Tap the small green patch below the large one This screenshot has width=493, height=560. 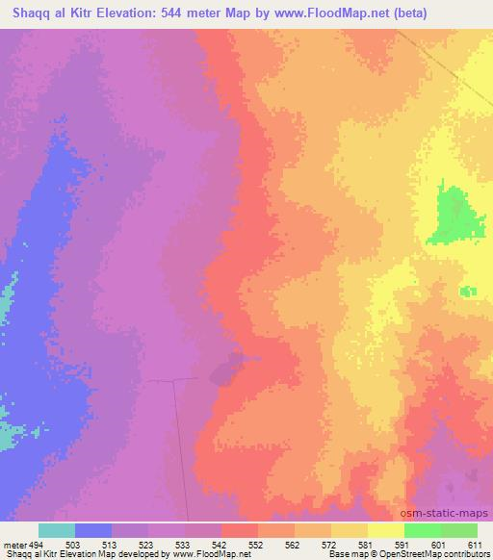click(468, 291)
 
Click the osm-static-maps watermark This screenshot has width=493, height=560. click(452, 513)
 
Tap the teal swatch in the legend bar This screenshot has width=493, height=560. click(57, 530)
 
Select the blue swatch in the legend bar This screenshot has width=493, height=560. click(93, 530)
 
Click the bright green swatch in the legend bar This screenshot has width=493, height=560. click(422, 530)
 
